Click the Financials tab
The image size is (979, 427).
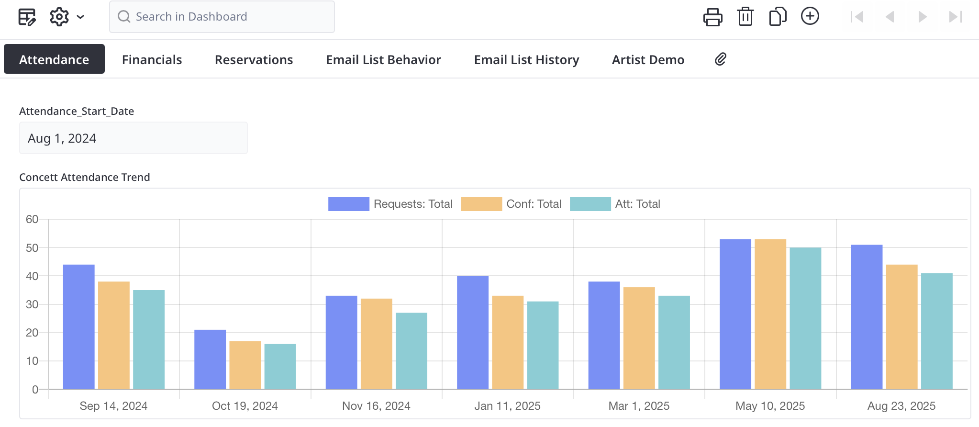(152, 59)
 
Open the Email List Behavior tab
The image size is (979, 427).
(383, 59)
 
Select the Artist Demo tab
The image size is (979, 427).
(648, 59)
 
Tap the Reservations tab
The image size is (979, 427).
(254, 59)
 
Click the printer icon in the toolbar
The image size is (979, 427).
(712, 17)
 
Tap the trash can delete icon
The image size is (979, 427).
(745, 17)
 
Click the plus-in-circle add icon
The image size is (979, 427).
(810, 16)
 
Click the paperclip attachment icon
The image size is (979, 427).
(721, 59)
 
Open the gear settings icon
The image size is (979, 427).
(59, 17)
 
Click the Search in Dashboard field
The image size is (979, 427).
(222, 17)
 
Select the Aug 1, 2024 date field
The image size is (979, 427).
(133, 138)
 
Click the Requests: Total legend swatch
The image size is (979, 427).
(348, 204)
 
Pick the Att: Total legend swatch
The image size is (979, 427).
(590, 204)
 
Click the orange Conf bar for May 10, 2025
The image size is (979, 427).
(770, 314)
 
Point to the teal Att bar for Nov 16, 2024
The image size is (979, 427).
(412, 351)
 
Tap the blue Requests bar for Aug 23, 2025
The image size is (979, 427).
(867, 317)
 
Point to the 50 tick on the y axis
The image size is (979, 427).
(32, 248)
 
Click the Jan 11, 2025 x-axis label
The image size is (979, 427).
(507, 406)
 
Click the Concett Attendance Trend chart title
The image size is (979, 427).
(85, 177)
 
